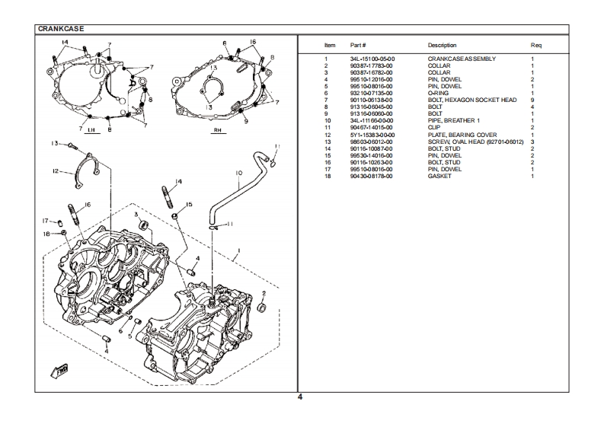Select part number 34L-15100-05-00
click(372, 59)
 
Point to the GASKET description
click(439, 176)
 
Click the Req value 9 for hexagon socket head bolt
click(532, 100)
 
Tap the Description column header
click(442, 46)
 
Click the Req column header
click(535, 46)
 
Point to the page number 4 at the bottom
click(300, 397)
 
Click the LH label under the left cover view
click(91, 130)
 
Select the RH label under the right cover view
click(217, 130)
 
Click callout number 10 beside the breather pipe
click(238, 173)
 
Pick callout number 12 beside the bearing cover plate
click(56, 171)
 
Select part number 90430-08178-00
click(372, 176)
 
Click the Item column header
click(330, 46)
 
